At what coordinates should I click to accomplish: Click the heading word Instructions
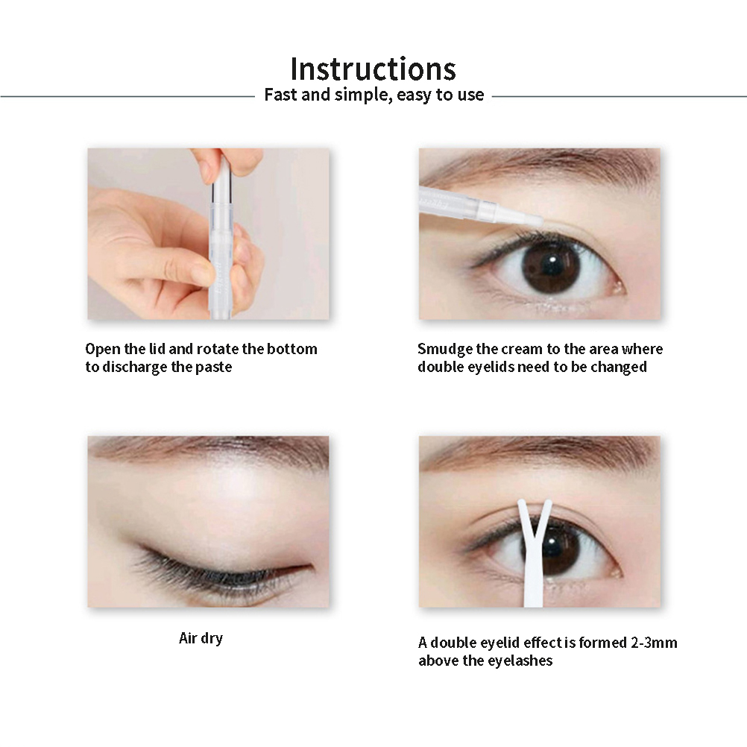pos(373,69)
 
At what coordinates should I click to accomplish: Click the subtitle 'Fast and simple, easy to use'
pos(374,95)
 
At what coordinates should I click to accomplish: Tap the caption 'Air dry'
pos(201,638)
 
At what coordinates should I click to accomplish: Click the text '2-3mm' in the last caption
pos(654,643)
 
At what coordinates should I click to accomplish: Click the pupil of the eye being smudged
pos(552,265)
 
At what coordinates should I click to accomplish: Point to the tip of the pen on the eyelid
pos(540,221)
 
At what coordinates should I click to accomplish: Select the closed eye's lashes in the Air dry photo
pos(209,574)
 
